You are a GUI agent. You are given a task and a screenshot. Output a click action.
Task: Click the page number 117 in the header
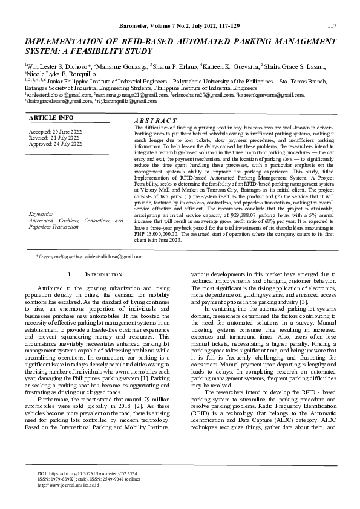332,25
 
